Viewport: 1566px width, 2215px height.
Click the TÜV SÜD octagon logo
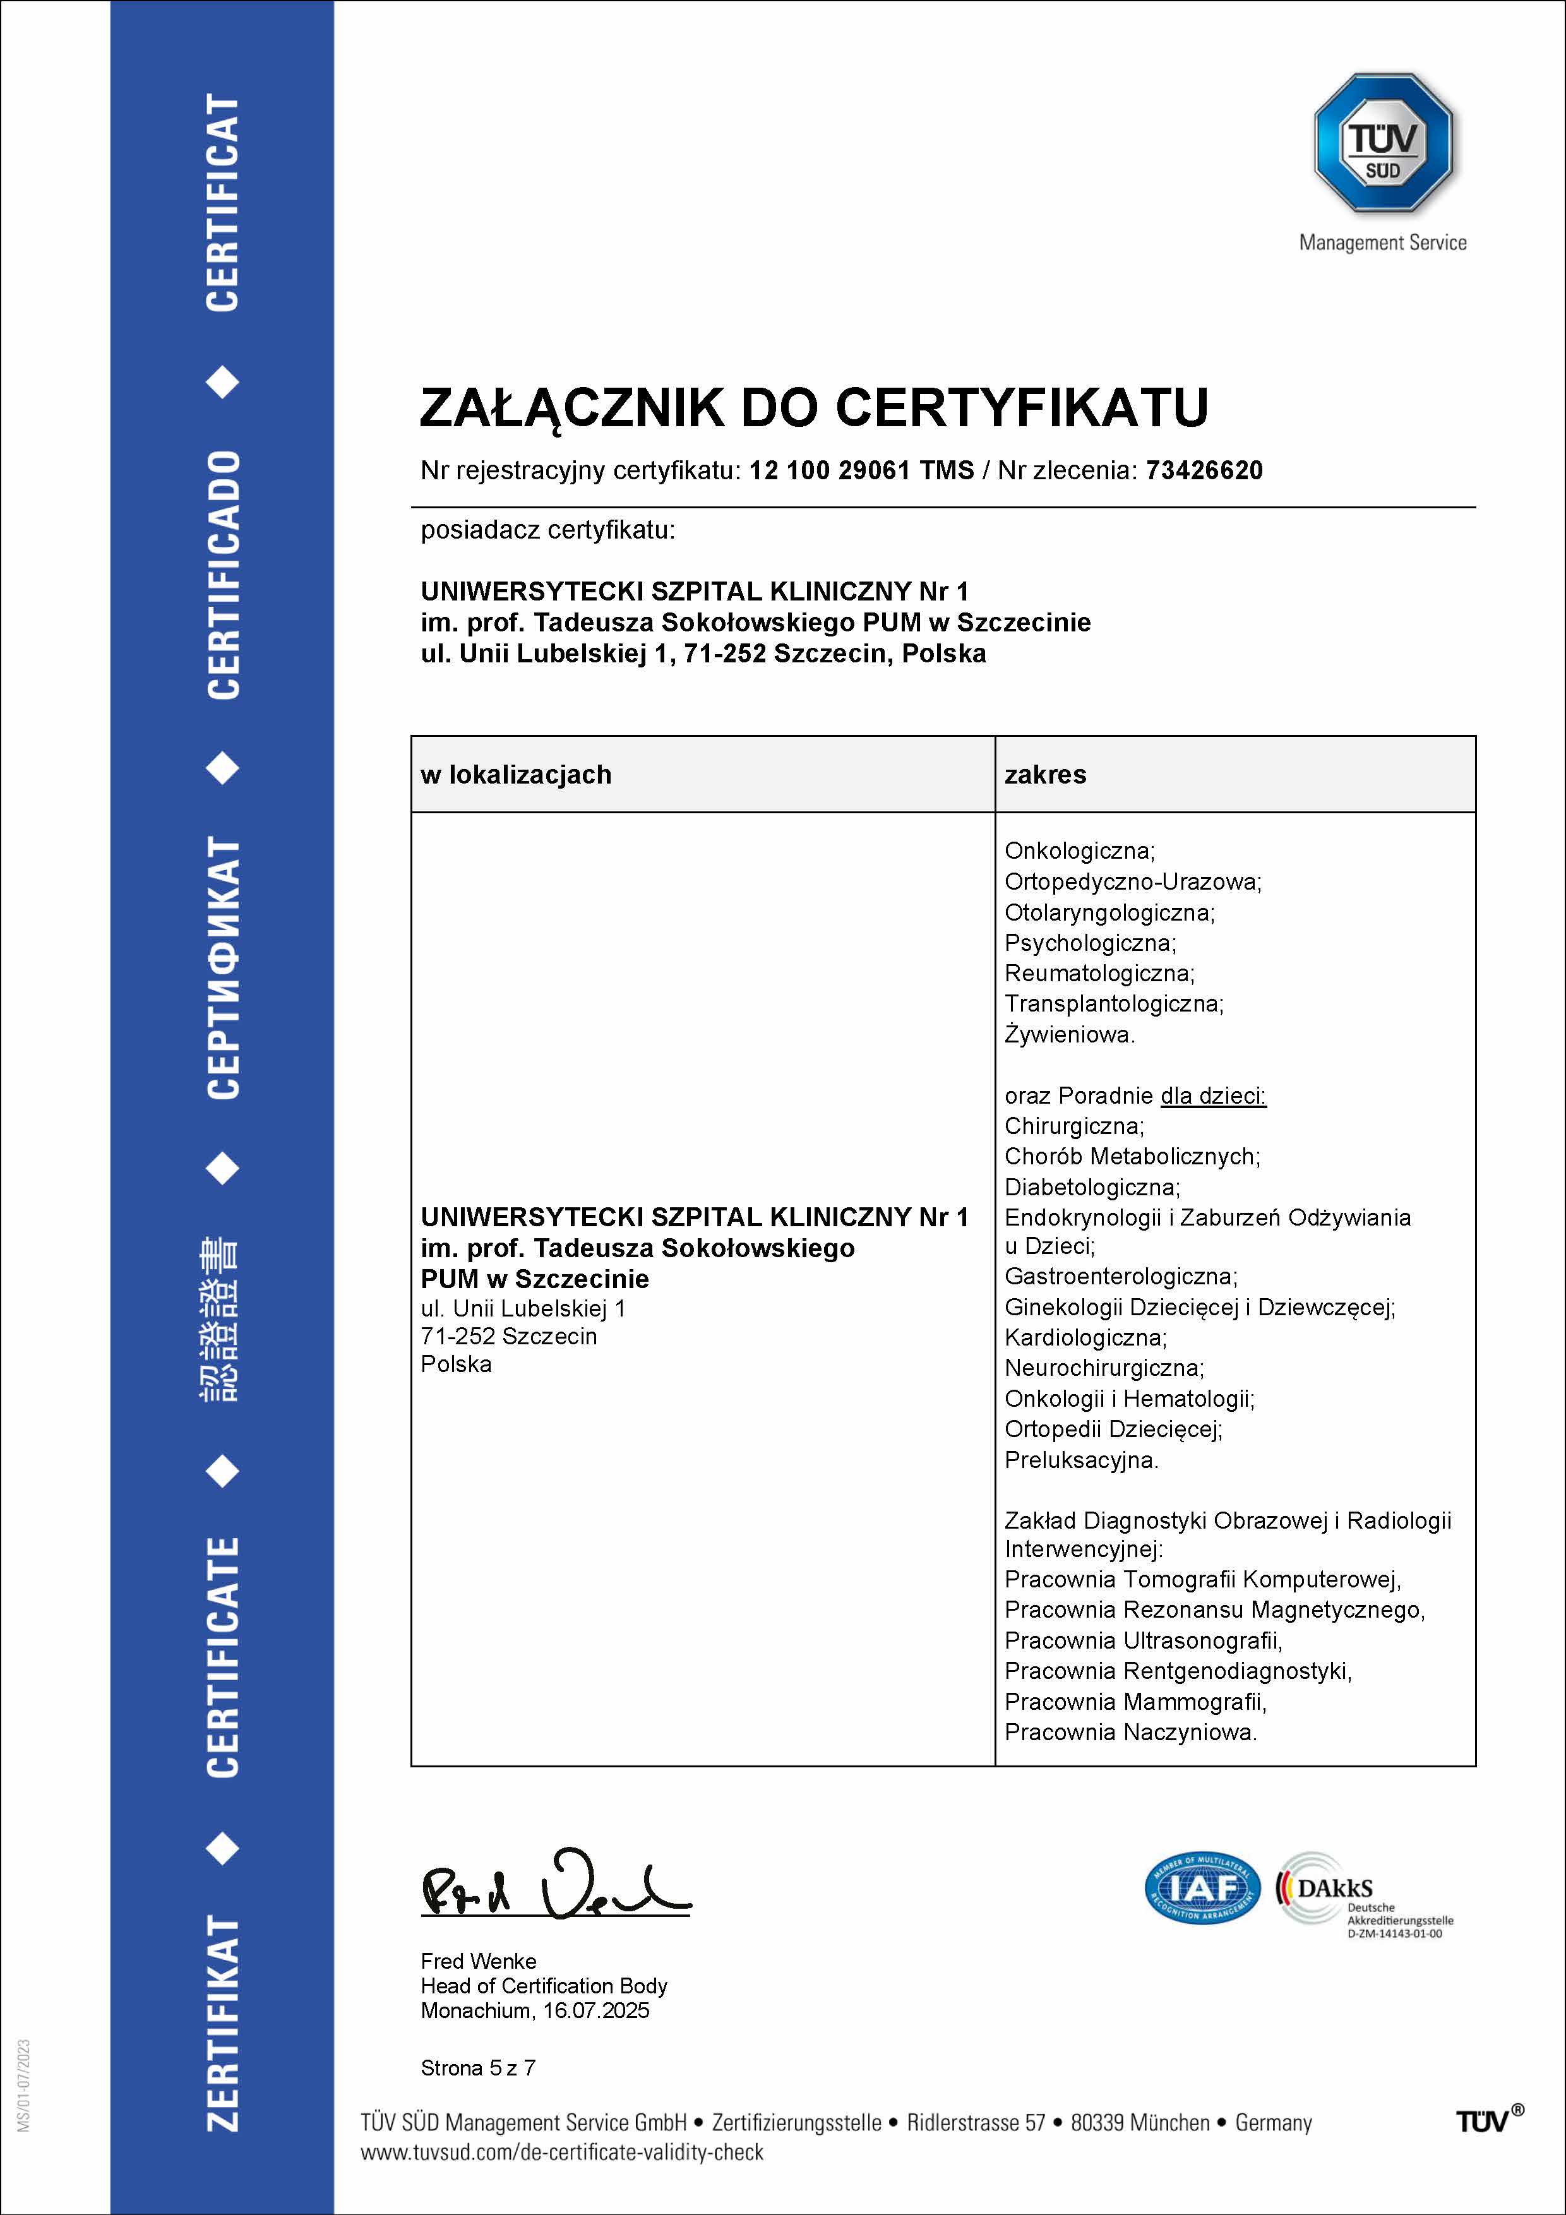pyautogui.click(x=1383, y=143)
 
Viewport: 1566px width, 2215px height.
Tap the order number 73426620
pyautogui.click(x=1204, y=471)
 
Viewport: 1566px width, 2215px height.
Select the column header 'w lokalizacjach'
pyautogui.click(x=516, y=775)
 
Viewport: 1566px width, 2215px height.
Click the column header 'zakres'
pyautogui.click(x=1045, y=775)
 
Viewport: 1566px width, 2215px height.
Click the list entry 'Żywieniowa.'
pyautogui.click(x=1069, y=1034)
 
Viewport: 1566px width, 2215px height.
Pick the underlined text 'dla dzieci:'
pyautogui.click(x=1213, y=1096)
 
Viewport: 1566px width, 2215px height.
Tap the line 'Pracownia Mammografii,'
pyautogui.click(x=1135, y=1702)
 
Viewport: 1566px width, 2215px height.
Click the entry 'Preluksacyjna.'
pyautogui.click(x=1080, y=1460)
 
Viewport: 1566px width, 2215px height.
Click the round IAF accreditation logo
pyautogui.click(x=1202, y=1887)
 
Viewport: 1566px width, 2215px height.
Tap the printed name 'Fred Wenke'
pyautogui.click(x=479, y=1961)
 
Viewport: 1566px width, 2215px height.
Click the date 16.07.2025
pyautogui.click(x=596, y=2010)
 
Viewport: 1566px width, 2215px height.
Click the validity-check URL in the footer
pyautogui.click(x=561, y=2152)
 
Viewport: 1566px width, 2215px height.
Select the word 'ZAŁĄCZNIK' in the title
pyautogui.click(x=571, y=407)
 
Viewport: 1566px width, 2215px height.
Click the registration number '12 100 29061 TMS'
pyautogui.click(x=862, y=471)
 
